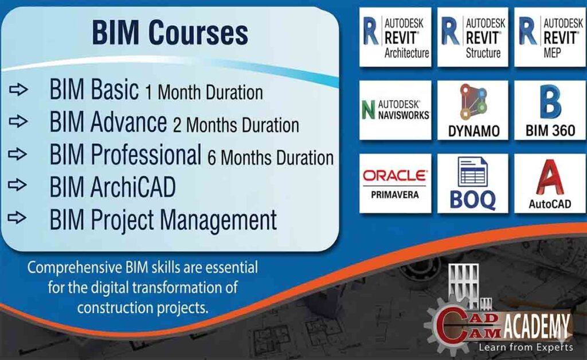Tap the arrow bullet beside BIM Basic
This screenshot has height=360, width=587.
[18, 90]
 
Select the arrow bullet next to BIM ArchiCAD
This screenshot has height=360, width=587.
[18, 186]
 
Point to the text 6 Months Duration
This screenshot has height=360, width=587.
[270, 158]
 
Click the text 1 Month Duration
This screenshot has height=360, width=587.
[204, 92]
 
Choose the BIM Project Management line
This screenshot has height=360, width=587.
[163, 220]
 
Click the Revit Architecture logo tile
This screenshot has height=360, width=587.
[395, 37]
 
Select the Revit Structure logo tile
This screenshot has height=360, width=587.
[472, 37]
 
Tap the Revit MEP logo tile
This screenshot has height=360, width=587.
[549, 37]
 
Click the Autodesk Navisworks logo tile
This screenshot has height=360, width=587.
[395, 109]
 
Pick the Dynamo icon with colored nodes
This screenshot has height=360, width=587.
[472, 102]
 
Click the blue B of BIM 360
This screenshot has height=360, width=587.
[550, 102]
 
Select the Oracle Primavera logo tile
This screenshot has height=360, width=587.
[395, 183]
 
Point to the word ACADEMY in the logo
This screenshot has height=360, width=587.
[537, 328]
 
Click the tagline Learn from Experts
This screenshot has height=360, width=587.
[525, 347]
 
